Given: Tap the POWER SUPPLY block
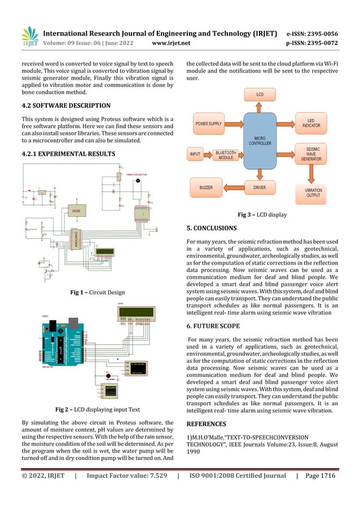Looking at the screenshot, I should (x=208, y=123).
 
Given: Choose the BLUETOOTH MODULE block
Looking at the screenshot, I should (x=226, y=153).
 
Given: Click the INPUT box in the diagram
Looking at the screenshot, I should (x=195, y=153).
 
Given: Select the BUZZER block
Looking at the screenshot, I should (x=206, y=186).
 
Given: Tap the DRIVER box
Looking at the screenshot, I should (x=259, y=187).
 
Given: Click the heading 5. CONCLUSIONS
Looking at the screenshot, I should (x=212, y=229).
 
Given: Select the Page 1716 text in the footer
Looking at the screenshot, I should (x=321, y=476).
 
